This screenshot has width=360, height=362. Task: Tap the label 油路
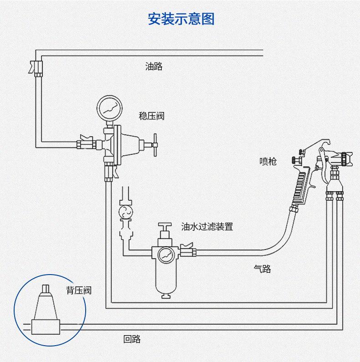coord(154,66)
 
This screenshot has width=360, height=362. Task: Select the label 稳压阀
coord(151,116)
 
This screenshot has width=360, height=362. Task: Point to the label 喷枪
coord(268,161)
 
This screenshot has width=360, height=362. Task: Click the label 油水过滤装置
coord(207,226)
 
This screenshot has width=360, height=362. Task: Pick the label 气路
coord(262,269)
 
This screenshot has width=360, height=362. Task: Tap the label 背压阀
coord(78,290)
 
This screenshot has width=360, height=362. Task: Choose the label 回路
coord(132,339)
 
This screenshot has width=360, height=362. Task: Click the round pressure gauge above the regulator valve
coord(109,107)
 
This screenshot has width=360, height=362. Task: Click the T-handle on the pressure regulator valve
coord(154,144)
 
